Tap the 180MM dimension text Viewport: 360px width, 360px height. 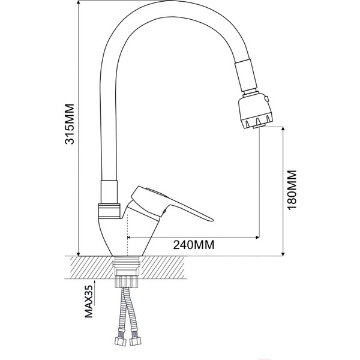tap(292, 188)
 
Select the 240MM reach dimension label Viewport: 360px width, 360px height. tap(194, 245)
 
